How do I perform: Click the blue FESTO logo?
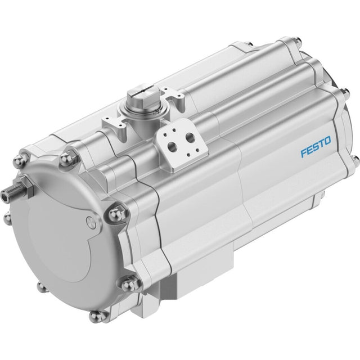(x=316, y=147)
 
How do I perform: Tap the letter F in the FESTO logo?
(x=304, y=153)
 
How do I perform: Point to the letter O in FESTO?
(x=327, y=141)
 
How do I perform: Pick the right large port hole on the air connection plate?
(x=190, y=138)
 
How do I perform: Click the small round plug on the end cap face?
(x=90, y=221)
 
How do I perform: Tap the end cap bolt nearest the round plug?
(x=117, y=214)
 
